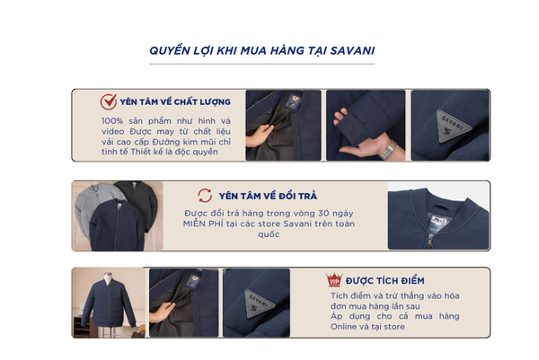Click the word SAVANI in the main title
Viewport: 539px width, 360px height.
point(352,50)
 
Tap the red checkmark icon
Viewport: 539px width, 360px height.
point(109,101)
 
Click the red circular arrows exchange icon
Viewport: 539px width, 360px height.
point(205,196)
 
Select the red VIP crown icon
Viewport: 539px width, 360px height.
point(334,279)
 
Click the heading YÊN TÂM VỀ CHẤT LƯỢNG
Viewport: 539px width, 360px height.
point(175,102)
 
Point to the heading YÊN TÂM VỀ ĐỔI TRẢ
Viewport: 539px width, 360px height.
point(268,196)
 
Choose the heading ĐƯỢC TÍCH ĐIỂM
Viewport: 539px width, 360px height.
point(385,281)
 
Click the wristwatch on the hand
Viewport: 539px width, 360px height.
point(389,151)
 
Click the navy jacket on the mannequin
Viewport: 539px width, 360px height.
point(109,303)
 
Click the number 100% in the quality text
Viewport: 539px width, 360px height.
point(112,121)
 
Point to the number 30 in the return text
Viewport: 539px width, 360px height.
point(323,214)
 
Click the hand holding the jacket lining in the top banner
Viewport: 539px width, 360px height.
point(259,136)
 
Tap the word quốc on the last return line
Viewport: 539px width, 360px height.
point(269,234)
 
